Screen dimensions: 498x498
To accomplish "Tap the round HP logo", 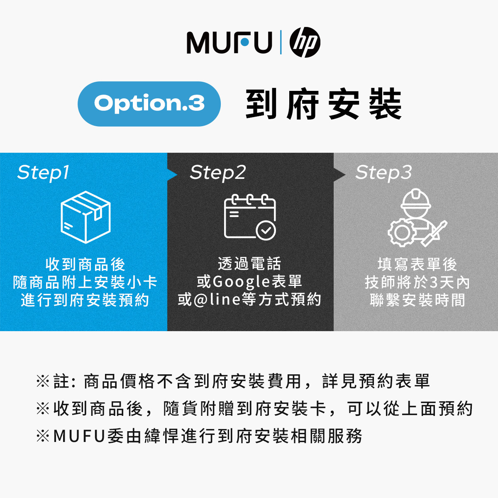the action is coord(305,43).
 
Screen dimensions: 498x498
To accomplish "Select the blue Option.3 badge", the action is coord(149,104).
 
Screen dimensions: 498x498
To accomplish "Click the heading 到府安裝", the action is coord(323,104).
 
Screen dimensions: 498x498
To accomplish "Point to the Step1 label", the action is coord(43,173).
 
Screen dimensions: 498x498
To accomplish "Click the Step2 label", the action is coord(218,173).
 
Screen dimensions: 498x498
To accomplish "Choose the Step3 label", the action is coord(383,173).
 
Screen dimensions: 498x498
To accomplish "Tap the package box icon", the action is coord(85,217).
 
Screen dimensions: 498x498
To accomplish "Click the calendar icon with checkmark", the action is coord(250,217).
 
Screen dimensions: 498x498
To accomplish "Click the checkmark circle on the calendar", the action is coord(266,230).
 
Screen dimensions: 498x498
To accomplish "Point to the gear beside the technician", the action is coord(400,232).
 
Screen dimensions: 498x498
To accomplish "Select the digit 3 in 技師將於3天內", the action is coord(433,283).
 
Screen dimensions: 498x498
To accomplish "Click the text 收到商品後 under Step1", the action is coord(85,264).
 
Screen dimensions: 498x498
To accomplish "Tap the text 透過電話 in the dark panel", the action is coord(250,264).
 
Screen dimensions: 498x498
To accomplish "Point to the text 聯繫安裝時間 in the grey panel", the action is coord(417,300).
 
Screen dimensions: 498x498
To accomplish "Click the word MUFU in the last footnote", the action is coord(78,436).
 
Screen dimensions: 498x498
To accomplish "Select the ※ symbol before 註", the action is coord(43,381).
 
